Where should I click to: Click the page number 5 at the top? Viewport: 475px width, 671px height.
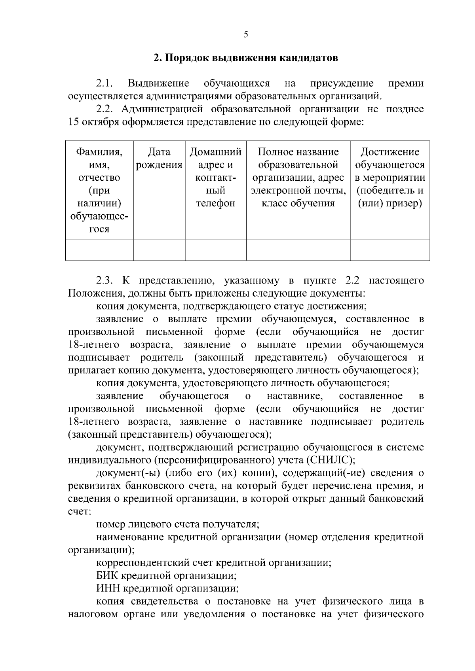tap(246, 35)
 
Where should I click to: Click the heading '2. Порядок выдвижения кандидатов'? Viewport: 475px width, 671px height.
tap(246, 58)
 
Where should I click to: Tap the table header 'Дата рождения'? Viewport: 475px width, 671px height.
tap(159, 158)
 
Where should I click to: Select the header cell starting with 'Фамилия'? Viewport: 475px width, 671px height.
tap(99, 190)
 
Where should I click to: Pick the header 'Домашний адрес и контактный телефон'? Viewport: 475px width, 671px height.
tap(216, 178)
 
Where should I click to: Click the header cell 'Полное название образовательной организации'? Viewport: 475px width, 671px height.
tap(298, 178)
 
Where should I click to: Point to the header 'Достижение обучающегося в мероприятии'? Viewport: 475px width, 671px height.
tap(390, 178)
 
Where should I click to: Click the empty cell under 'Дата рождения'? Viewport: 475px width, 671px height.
tap(159, 249)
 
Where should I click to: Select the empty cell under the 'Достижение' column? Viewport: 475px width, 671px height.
tap(390, 249)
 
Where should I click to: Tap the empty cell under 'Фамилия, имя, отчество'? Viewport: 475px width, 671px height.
tap(99, 249)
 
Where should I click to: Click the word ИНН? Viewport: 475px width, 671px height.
tap(108, 589)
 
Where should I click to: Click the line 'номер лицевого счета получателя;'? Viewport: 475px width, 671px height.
tap(178, 525)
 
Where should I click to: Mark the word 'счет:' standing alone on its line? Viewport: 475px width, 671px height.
tap(80, 512)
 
